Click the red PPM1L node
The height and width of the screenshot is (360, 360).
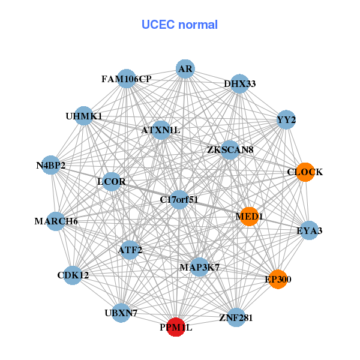(x=175, y=327)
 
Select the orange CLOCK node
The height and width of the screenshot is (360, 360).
(x=305, y=172)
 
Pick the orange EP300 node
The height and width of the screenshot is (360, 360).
(x=278, y=279)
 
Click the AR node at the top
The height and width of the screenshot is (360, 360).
(x=185, y=70)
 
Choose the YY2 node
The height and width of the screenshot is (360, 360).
(x=286, y=120)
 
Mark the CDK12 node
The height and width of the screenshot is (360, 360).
(x=73, y=275)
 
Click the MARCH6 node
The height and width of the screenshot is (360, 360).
(x=56, y=221)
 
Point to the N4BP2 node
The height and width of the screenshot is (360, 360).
(x=51, y=165)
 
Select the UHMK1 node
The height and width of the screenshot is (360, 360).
(x=83, y=116)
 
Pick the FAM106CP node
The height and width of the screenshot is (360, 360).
(x=127, y=79)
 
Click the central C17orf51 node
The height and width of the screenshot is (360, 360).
(x=179, y=199)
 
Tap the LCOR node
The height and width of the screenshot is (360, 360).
(x=112, y=181)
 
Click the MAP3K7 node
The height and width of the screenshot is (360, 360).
(x=199, y=266)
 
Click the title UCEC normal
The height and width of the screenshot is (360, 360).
(x=179, y=25)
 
